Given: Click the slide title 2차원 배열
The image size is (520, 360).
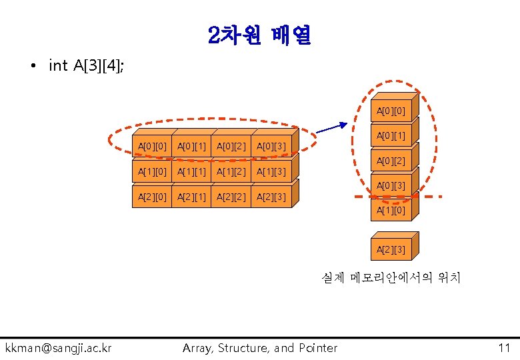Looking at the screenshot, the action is pyautogui.click(x=259, y=35).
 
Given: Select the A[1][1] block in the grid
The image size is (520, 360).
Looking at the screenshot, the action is pyautogui.click(x=191, y=172).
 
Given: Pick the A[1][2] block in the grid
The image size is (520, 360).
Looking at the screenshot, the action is pyautogui.click(x=231, y=172).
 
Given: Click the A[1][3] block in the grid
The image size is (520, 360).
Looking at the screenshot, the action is pyautogui.click(x=271, y=172).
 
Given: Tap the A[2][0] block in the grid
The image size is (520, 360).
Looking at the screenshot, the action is pyautogui.click(x=151, y=197).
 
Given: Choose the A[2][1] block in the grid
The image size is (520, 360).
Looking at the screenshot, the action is pyautogui.click(x=191, y=197).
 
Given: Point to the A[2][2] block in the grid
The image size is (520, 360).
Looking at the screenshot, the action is pyautogui.click(x=231, y=197).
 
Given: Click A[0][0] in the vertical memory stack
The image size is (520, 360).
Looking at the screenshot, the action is pyautogui.click(x=391, y=111).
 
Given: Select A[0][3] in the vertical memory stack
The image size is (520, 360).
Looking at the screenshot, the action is pyautogui.click(x=391, y=186).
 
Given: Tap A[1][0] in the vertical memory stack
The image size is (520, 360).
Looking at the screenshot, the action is pyautogui.click(x=391, y=211).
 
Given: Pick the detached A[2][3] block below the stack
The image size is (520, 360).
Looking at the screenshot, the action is pyautogui.click(x=391, y=249).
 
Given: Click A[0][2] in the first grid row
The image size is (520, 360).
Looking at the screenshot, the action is pyautogui.click(x=231, y=145).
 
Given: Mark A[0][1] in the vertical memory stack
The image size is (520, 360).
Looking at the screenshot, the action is pyautogui.click(x=391, y=136).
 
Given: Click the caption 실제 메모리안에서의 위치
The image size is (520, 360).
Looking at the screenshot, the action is pyautogui.click(x=390, y=277).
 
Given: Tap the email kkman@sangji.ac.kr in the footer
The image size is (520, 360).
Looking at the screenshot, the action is pyautogui.click(x=59, y=347).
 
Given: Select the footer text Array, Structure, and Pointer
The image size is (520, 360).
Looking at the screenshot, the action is pyautogui.click(x=260, y=347).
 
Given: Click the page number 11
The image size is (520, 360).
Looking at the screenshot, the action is pyautogui.click(x=503, y=347).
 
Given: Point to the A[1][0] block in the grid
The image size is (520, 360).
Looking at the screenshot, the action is pyautogui.click(x=151, y=172).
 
